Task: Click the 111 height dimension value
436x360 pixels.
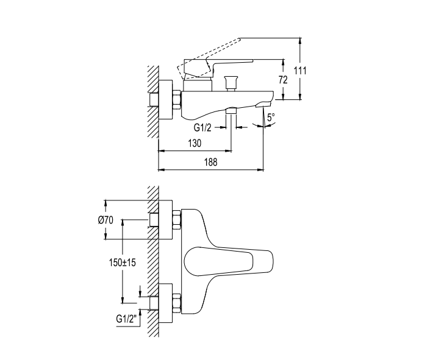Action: click(x=300, y=71)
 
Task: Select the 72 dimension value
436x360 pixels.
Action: click(x=283, y=80)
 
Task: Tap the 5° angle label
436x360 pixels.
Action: click(x=271, y=117)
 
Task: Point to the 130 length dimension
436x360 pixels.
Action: click(x=195, y=143)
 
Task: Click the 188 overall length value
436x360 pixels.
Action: click(x=211, y=162)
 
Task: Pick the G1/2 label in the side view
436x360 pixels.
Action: click(x=202, y=127)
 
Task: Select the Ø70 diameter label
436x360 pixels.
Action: click(x=105, y=220)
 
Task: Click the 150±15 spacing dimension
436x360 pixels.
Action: click(x=123, y=262)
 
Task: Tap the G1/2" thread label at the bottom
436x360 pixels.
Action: click(x=127, y=319)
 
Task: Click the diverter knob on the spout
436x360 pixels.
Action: click(x=231, y=83)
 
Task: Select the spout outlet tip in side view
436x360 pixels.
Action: click(x=263, y=104)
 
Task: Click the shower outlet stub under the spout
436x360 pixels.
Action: click(x=231, y=110)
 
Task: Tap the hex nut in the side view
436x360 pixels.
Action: click(x=177, y=100)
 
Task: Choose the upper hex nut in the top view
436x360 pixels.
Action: click(x=177, y=220)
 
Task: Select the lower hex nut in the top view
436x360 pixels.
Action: click(x=177, y=303)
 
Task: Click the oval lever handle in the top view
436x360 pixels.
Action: click(x=218, y=261)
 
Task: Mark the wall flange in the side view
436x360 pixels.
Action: click(x=165, y=100)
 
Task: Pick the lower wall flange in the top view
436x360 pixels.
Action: click(x=165, y=303)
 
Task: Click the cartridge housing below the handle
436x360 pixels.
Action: click(x=198, y=85)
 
